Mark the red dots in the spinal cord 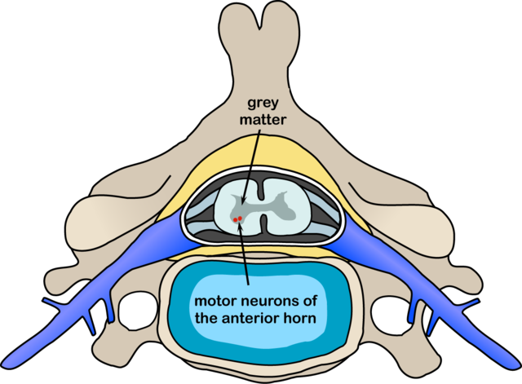(x=237, y=219)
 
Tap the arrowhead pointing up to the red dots (x=241, y=227)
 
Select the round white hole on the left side (x=136, y=309)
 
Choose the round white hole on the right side (x=386, y=309)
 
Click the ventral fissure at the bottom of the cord (x=261, y=229)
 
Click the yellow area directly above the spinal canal (x=261, y=159)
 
